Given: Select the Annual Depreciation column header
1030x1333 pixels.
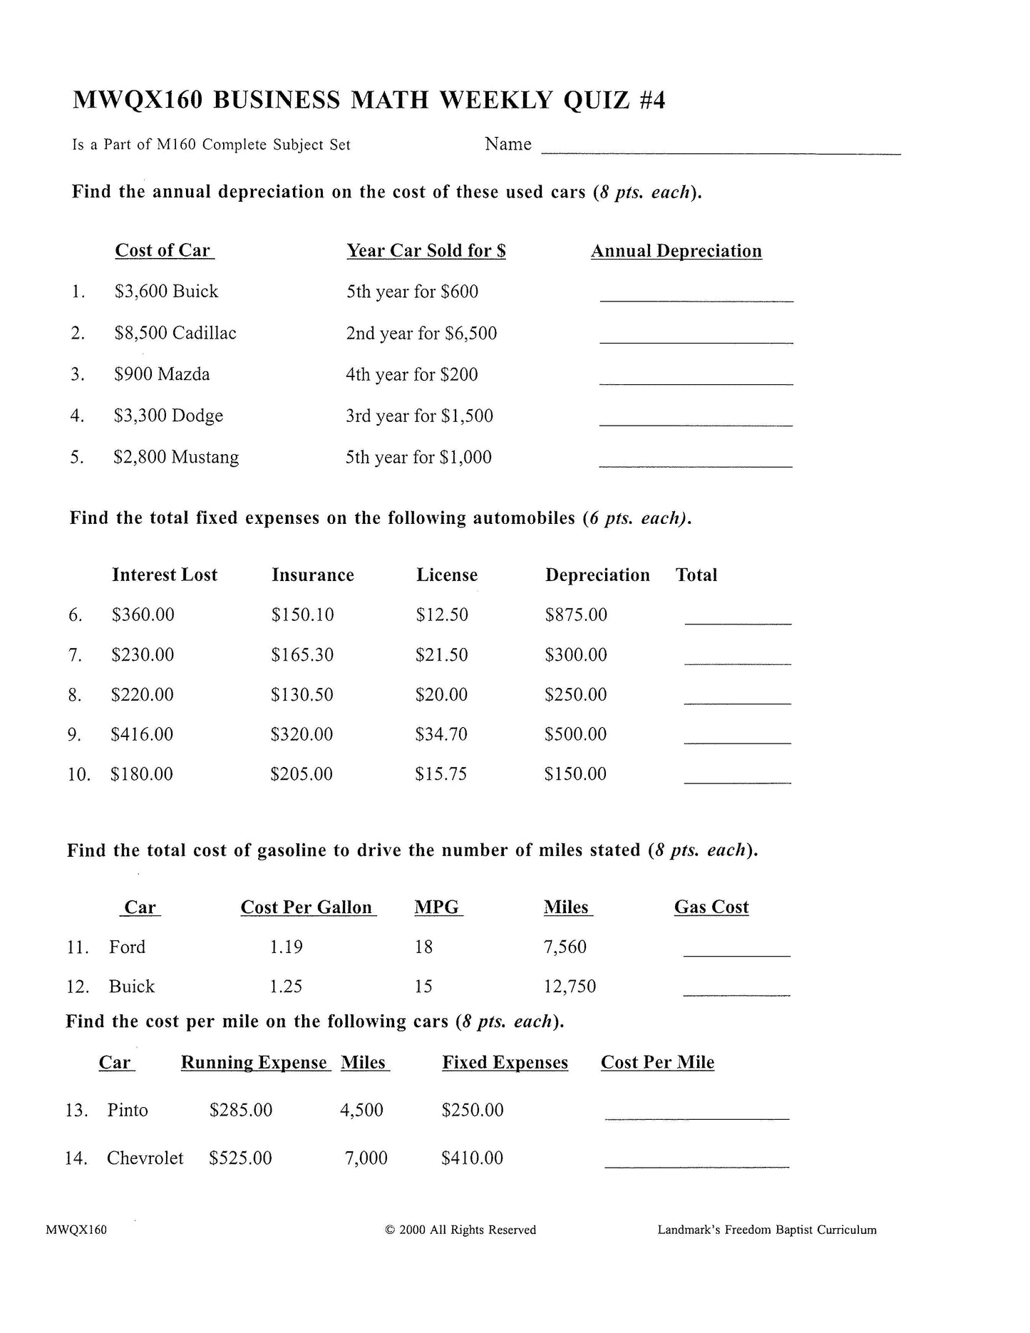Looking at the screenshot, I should coord(676,251).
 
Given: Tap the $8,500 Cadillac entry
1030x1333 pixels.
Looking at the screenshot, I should coord(175,333).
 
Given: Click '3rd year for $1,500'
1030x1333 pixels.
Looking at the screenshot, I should coord(419,416).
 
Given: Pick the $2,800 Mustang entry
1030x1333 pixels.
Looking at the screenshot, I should coord(175,457).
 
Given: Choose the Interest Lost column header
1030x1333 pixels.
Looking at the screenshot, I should coord(164,575).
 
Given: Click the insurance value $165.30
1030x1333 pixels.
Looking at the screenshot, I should coord(302,654).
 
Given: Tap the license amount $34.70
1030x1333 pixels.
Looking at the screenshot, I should coord(441,734).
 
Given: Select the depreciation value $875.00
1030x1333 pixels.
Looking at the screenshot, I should coord(576,614).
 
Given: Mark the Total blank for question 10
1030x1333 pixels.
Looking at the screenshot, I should coord(737,781).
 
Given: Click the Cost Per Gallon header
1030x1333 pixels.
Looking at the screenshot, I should coord(307,907).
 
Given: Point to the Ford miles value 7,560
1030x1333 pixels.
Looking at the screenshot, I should coord(565,947).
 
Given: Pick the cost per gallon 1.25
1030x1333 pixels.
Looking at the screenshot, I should coord(286,987).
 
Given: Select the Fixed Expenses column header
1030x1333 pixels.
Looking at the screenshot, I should coord(505,1063).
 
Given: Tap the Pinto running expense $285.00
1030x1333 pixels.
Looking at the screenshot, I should coord(240,1110).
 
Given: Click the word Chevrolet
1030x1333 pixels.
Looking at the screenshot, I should coord(145,1158).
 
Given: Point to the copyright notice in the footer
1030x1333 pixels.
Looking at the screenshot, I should coord(460,1230).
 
